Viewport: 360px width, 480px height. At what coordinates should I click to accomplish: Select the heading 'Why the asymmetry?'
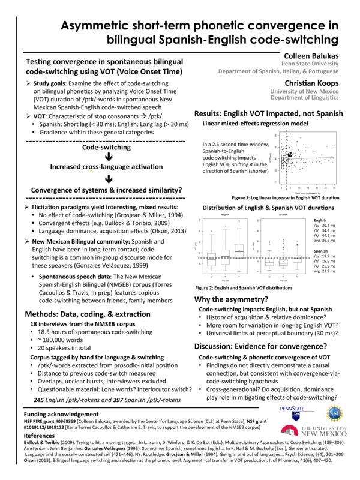click(x=235, y=299)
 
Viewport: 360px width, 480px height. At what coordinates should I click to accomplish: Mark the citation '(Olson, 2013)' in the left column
click(x=159, y=230)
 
